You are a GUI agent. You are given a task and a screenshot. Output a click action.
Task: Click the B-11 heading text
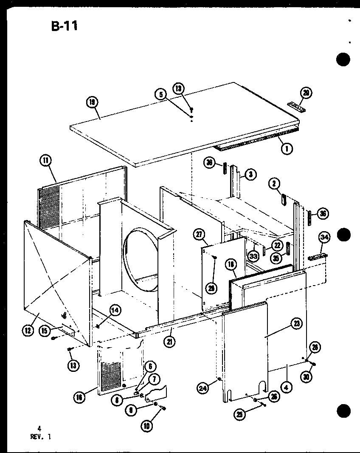64,26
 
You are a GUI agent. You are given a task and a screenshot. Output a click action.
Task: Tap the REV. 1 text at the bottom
42,436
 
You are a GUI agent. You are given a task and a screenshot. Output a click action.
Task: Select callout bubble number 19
91,102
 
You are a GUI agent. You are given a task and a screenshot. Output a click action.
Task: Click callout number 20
305,92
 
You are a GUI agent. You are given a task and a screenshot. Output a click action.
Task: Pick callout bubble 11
45,161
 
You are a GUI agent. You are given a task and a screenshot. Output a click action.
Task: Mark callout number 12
28,329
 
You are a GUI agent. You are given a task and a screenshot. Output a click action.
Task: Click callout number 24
203,387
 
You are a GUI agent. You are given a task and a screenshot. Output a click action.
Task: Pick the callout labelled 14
115,311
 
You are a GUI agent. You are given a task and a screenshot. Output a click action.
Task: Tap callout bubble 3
251,174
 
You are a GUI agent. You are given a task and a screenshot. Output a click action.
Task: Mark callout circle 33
253,256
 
